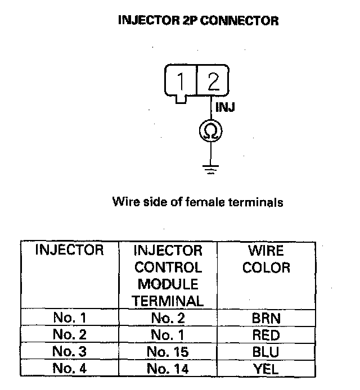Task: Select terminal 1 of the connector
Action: click(x=181, y=82)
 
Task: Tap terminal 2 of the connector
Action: click(x=213, y=82)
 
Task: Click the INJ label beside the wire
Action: click(x=225, y=107)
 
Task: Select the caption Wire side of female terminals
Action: click(x=197, y=202)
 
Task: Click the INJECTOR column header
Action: click(x=70, y=251)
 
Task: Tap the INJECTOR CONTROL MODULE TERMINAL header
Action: click(x=168, y=275)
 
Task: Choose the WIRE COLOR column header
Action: click(x=266, y=259)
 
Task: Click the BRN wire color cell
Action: click(x=266, y=318)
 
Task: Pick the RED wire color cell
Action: click(x=266, y=335)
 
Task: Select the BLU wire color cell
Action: click(x=266, y=352)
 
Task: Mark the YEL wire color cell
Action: click(x=266, y=369)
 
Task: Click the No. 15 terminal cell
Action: click(x=168, y=352)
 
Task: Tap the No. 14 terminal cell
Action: click(x=168, y=369)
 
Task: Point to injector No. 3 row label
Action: click(x=70, y=352)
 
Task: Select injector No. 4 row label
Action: click(x=70, y=369)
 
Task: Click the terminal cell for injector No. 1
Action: click(x=168, y=318)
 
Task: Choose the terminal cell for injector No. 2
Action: click(x=168, y=335)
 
